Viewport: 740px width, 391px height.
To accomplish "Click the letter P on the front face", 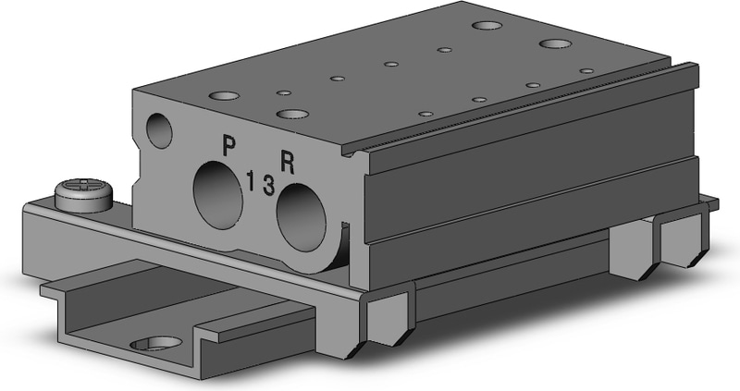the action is (x=228, y=146).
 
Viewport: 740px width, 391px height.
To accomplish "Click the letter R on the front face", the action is (x=288, y=163).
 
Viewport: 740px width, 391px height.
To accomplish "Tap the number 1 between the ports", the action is (x=251, y=181).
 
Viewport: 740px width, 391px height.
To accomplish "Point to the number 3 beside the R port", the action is (x=268, y=185).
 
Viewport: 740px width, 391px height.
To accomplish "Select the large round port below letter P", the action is (x=218, y=195).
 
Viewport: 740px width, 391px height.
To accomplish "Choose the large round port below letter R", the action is (x=302, y=217).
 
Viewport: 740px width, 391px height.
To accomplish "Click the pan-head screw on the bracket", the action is (x=84, y=194).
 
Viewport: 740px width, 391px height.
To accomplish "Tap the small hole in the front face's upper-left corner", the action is (x=159, y=130).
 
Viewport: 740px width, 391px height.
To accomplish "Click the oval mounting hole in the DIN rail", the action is (x=156, y=344).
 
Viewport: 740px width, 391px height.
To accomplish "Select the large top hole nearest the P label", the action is (x=225, y=96).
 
